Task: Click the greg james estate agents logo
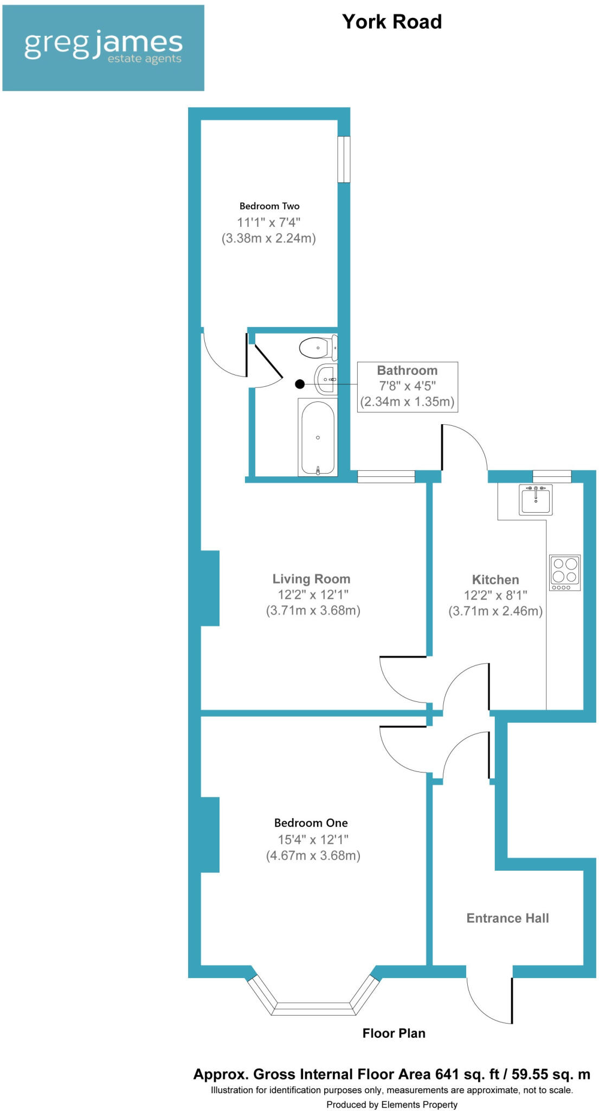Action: (103, 48)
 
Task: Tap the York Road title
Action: (392, 22)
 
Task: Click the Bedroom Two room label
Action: (269, 206)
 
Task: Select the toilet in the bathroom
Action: (318, 348)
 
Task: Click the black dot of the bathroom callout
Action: (300, 384)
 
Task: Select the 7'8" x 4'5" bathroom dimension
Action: (407, 386)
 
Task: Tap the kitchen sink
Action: (536, 500)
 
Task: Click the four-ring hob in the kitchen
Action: (565, 572)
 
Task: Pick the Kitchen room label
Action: (495, 579)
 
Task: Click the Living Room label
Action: (311, 579)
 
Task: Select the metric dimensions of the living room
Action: (313, 610)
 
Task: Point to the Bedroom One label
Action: (311, 823)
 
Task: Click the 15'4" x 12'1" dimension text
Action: (313, 840)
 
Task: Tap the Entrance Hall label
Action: (507, 918)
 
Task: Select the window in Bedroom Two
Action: (344, 159)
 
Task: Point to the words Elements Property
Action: (419, 1104)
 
